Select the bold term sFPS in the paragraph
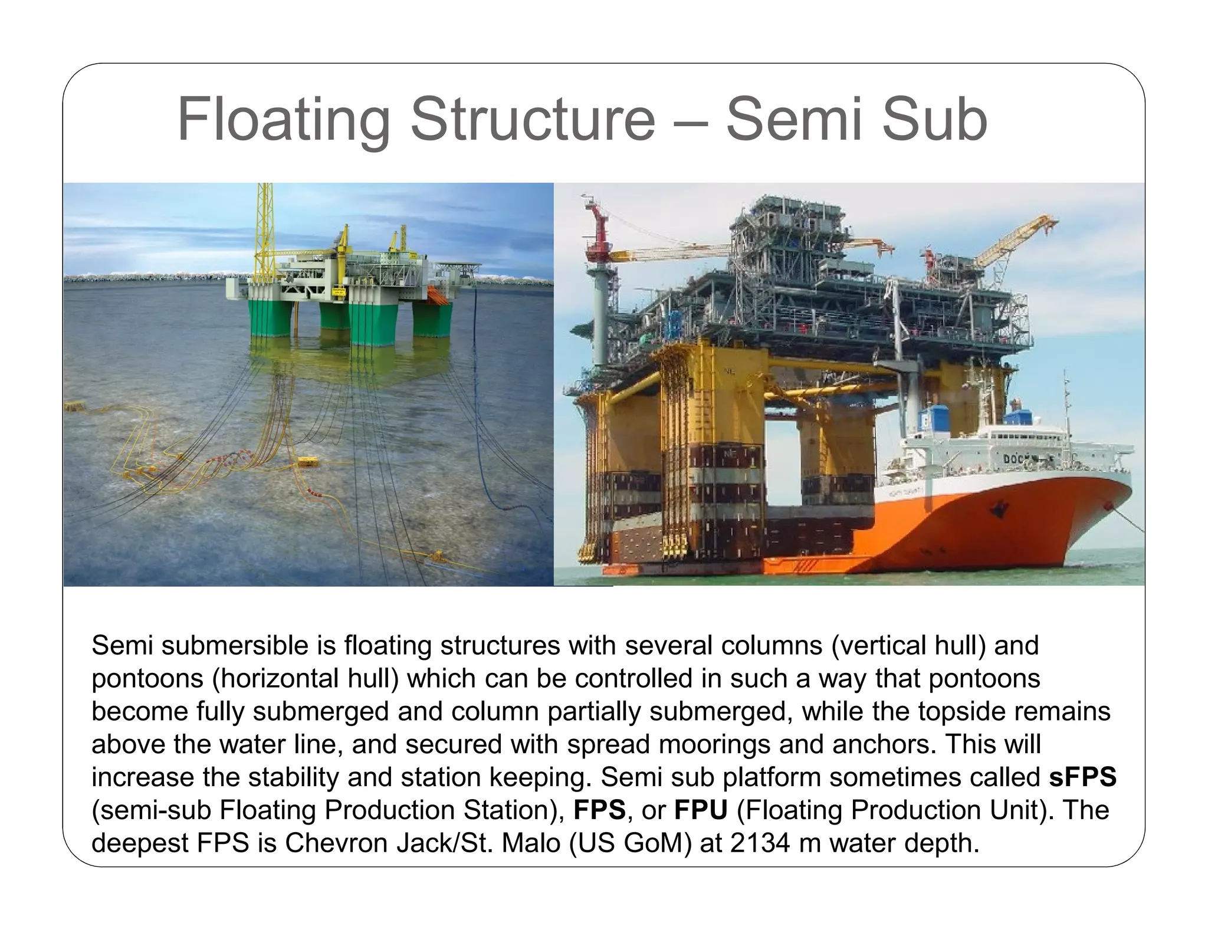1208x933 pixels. [x=1083, y=777]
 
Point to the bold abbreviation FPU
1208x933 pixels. [x=701, y=810]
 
